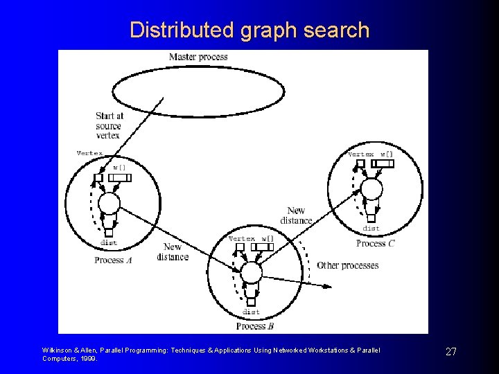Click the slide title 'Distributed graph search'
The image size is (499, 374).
coord(249,30)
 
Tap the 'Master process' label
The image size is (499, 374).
coord(198,57)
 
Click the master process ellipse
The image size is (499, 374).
coord(198,91)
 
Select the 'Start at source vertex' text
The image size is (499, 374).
coord(109,126)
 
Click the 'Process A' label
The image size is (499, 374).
coord(114,260)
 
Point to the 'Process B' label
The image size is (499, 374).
coord(255,326)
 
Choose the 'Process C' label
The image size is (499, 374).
coord(376,244)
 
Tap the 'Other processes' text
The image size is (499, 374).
coord(348,265)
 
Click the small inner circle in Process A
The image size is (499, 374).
coord(109,204)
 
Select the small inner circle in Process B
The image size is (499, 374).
coord(251,273)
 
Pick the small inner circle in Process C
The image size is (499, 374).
coord(371,188)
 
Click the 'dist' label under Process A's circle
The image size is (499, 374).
coord(109,242)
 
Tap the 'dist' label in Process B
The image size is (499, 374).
coord(251,312)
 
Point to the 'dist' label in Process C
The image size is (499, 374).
coord(371,228)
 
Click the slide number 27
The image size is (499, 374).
coord(450,352)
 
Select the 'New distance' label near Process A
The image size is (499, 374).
coord(173,252)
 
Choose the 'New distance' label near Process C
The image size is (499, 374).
coord(296,215)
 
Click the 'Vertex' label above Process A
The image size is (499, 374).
coord(90,153)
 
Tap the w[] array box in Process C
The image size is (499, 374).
coord(383,164)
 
